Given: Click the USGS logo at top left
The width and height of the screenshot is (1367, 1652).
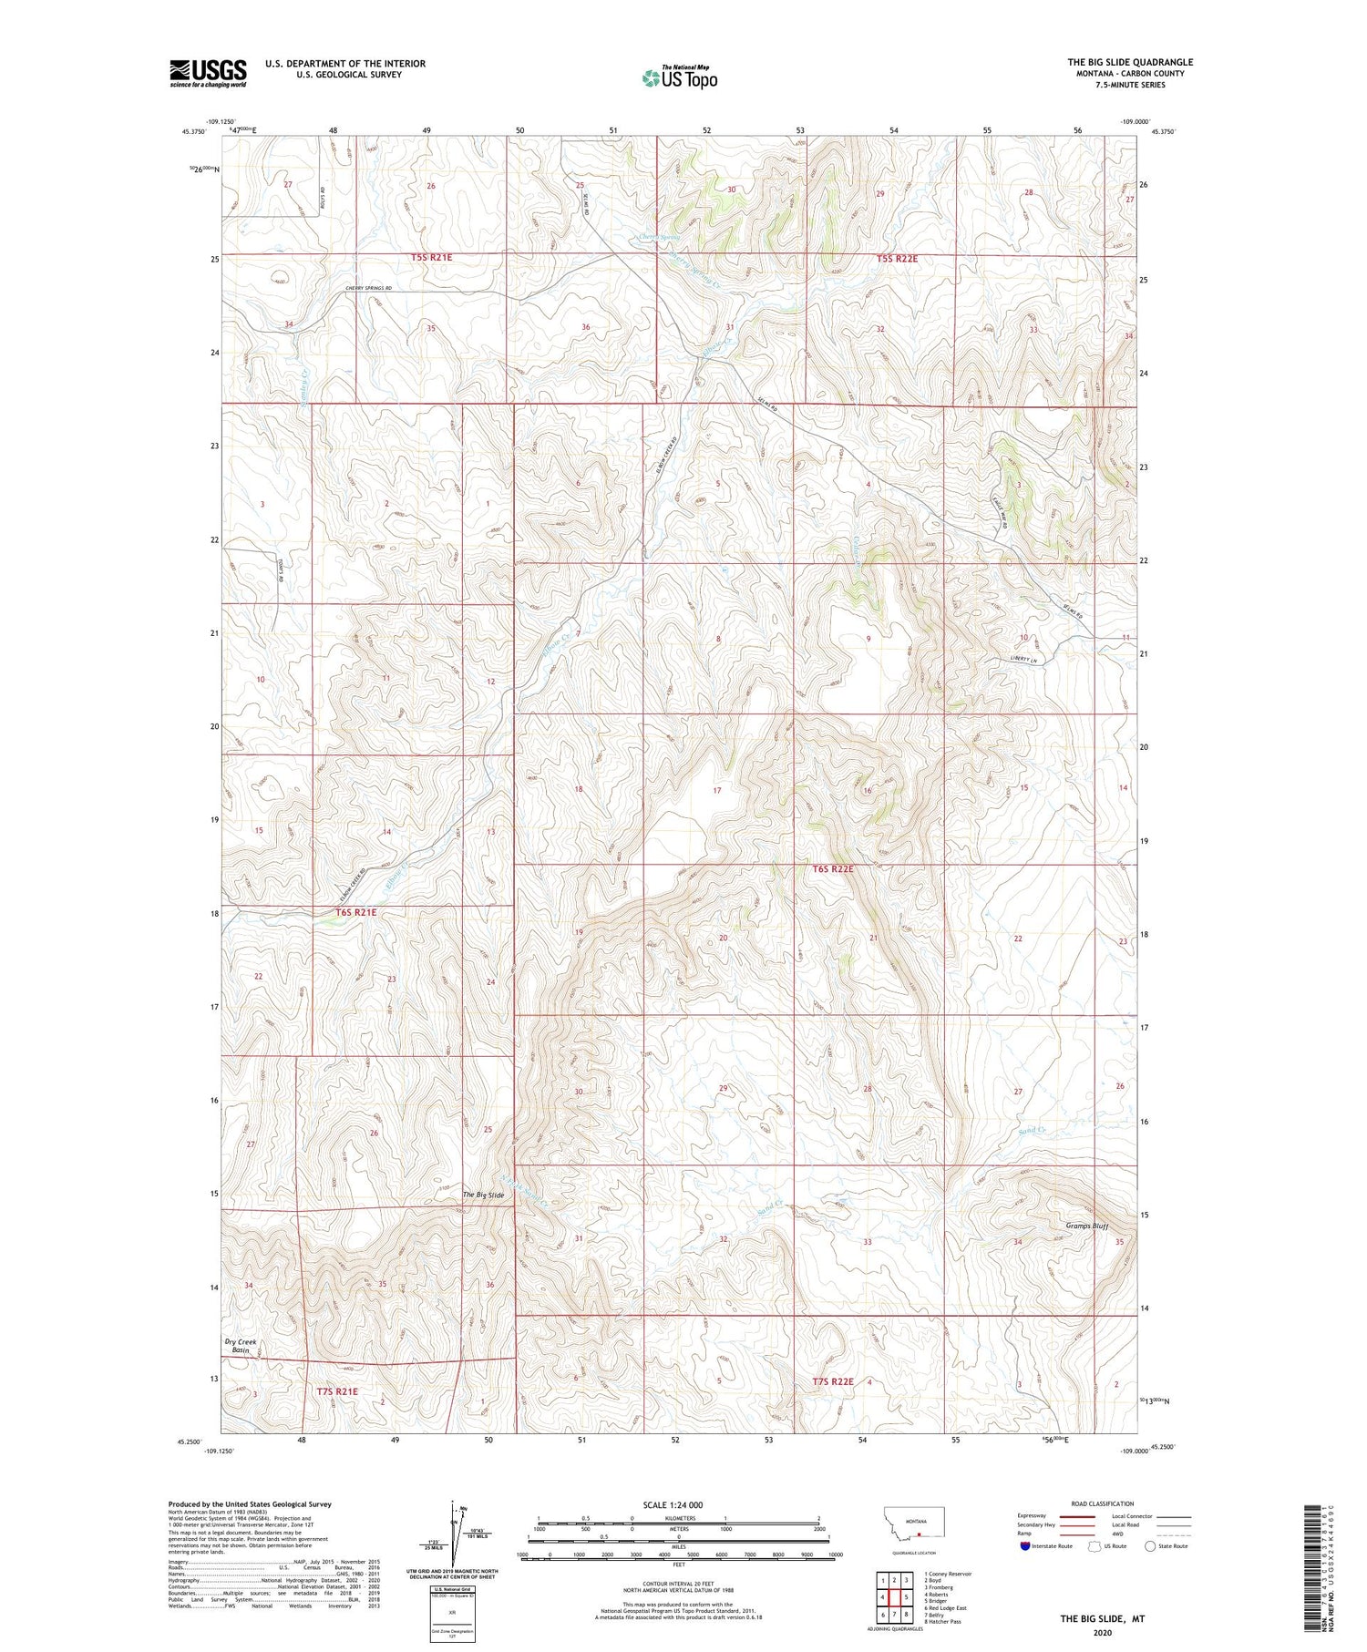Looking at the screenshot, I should tap(208, 73).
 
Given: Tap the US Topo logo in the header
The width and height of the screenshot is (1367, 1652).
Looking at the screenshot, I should tap(680, 78).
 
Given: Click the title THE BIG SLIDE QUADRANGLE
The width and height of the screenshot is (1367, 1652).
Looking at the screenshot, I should tap(1129, 62).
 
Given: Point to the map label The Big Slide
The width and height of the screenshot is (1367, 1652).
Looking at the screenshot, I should tap(482, 1195).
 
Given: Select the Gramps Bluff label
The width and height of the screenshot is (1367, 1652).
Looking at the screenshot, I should tap(1086, 1226).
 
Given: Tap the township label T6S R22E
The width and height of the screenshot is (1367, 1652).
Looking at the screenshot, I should tap(832, 869).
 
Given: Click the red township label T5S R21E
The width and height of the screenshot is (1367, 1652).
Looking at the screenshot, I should tap(431, 258).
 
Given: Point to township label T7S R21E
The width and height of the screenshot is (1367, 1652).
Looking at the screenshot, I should tap(337, 1391).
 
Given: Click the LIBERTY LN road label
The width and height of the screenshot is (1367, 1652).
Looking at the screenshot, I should tap(1023, 660).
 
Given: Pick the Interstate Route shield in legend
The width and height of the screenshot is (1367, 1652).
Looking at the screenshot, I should tap(1025, 1546).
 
